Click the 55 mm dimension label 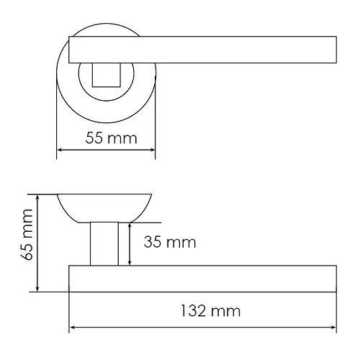click(x=111, y=138)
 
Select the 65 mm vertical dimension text click(x=27, y=235)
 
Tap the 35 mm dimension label click(x=170, y=242)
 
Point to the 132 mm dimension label click(x=210, y=311)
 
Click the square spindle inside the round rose click(x=107, y=75)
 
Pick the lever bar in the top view click(x=202, y=50)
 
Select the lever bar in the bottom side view click(x=202, y=279)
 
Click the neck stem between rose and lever click(x=104, y=244)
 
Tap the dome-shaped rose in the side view click(x=104, y=208)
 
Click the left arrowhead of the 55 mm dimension click(x=60, y=150)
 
